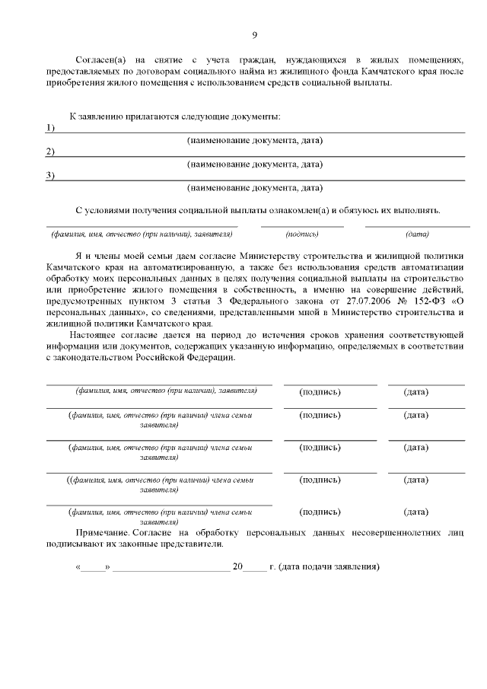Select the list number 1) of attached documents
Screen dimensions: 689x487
(x=50, y=127)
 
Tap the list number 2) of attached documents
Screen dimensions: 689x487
(x=50, y=152)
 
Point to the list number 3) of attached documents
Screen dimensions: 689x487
(x=50, y=175)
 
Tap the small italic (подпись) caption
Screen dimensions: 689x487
(x=302, y=234)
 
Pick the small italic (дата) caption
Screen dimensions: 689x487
(x=417, y=234)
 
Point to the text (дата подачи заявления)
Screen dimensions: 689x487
(x=329, y=567)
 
